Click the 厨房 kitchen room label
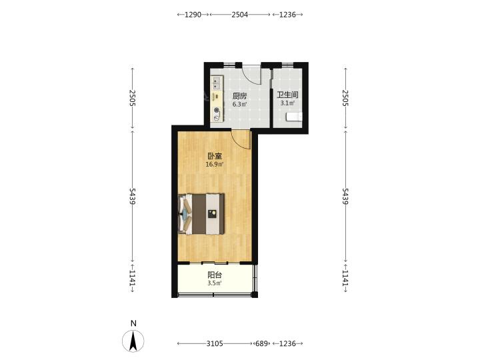[239, 96]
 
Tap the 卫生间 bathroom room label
[287, 95]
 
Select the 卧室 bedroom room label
[215, 156]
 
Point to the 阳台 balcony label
[215, 275]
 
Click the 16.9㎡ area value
[215, 165]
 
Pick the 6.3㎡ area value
[240, 104]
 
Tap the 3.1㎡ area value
[287, 103]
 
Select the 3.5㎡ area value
[215, 283]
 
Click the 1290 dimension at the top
[193, 15]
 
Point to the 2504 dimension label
[240, 15]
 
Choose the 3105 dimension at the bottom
[215, 343]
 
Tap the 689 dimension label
[261, 343]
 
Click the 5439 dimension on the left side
[132, 196]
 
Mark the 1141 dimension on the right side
[345, 278]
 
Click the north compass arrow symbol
[133, 341]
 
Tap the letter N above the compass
[133, 323]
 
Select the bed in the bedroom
[201, 214]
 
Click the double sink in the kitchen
[217, 83]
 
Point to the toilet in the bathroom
[294, 117]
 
